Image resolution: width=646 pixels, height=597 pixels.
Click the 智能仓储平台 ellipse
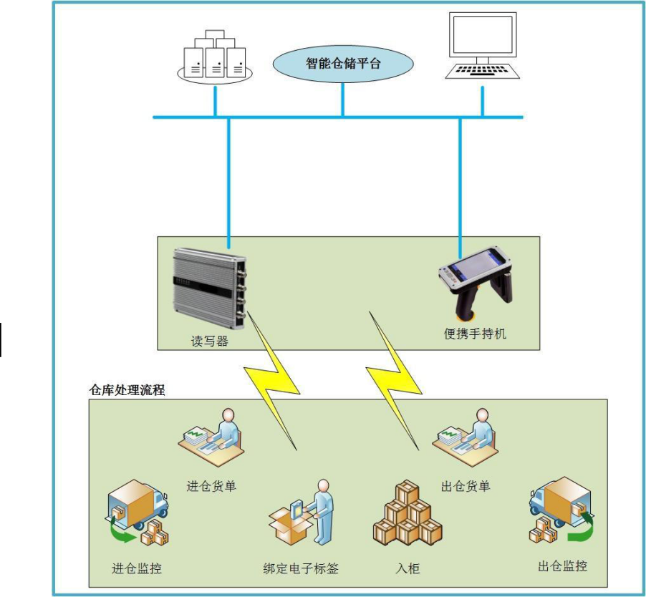pos(343,64)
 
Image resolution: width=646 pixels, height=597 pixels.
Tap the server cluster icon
pos(215,57)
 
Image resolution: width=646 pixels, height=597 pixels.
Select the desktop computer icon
pos(482,46)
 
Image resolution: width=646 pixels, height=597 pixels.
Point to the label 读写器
pos(209,341)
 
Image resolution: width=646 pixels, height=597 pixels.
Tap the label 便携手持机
pos(475,334)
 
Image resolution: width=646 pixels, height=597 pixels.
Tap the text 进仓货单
pos(211,486)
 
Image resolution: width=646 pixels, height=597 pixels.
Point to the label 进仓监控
pos(137,569)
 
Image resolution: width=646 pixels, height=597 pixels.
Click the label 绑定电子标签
pos(301,569)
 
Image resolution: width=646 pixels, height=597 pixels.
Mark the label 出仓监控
pos(562,566)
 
